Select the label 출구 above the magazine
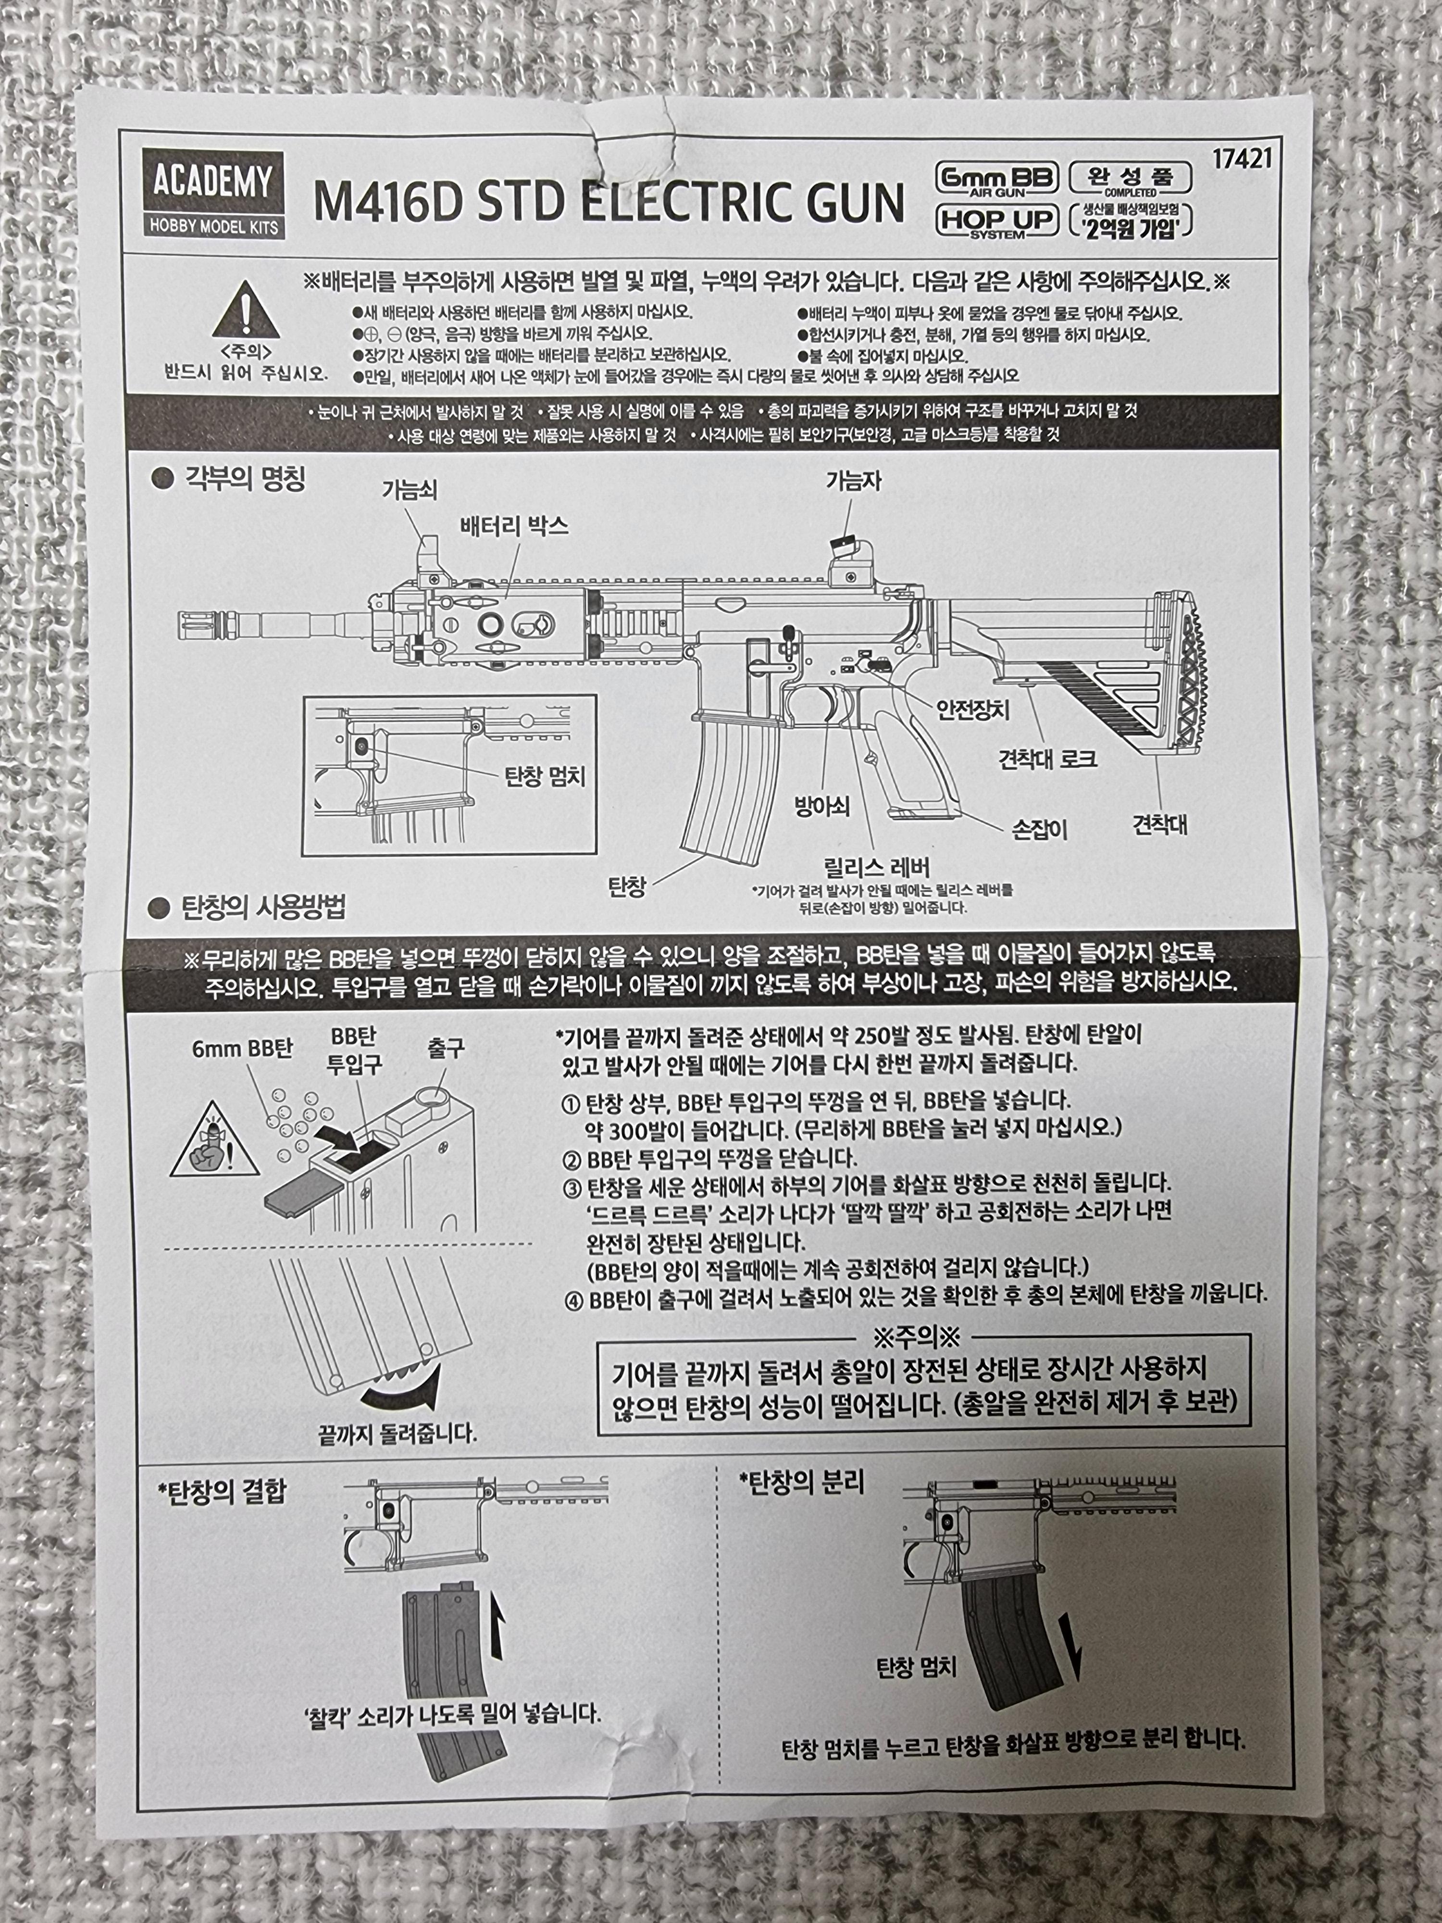[446, 1049]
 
